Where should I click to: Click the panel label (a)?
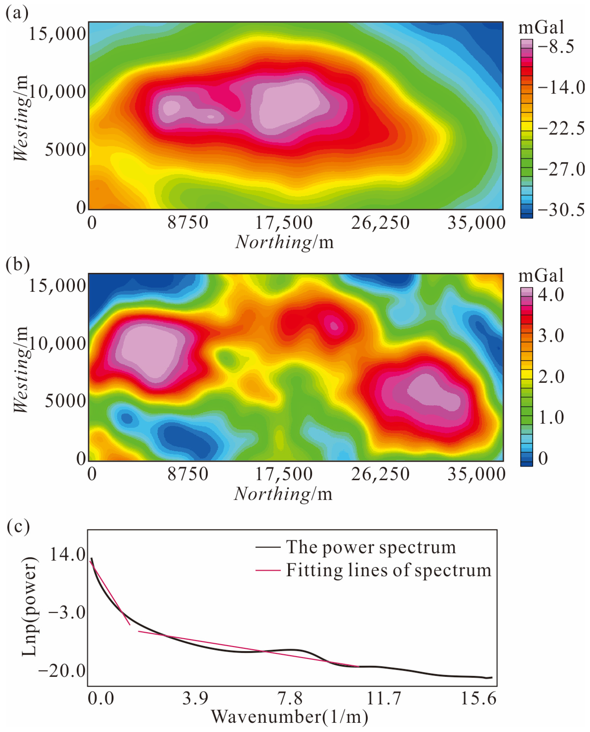pos(17,14)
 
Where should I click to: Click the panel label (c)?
pos(18,527)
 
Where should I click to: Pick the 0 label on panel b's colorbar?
pos(543,458)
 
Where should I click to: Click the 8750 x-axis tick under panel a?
pos(188,223)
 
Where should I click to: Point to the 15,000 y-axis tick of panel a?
pos(57,34)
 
